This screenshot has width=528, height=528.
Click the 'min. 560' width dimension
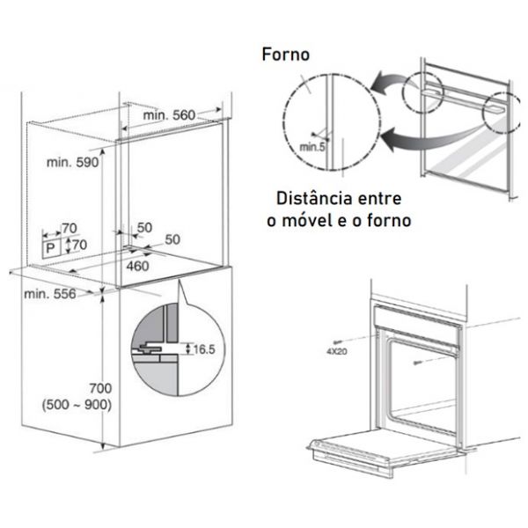(169, 115)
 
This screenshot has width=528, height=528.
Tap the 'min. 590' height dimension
(72, 162)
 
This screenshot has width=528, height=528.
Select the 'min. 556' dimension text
(50, 294)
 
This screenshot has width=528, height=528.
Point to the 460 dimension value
(138, 266)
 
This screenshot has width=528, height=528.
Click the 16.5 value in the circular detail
(204, 349)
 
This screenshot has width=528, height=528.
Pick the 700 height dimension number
(100, 388)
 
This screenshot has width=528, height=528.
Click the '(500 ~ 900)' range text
(77, 405)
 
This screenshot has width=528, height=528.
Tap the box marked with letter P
(52, 248)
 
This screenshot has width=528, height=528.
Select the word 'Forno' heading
(285, 55)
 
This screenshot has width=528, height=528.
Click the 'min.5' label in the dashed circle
(312, 147)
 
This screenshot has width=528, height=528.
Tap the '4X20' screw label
(336, 351)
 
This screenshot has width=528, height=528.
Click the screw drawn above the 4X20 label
(337, 341)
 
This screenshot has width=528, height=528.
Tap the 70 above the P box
(70, 228)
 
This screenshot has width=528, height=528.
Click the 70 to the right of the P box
(80, 245)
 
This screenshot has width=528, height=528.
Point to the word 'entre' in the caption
(379, 199)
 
